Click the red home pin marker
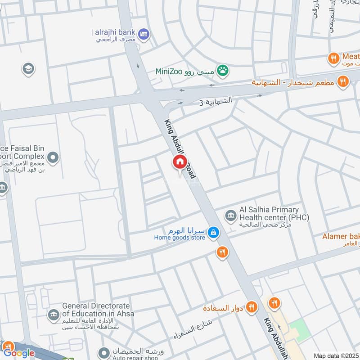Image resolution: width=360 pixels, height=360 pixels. (x=180, y=162)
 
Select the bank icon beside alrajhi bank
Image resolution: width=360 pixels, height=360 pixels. (x=144, y=33)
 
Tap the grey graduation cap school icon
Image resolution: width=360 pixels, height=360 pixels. (x=28, y=69)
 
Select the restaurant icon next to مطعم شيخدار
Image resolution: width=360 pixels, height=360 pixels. (x=343, y=81)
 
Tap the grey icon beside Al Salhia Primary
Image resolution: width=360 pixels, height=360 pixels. (x=231, y=216)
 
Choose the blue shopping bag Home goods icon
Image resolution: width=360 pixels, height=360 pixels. (x=214, y=232)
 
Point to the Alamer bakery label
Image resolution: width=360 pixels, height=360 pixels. (x=341, y=236)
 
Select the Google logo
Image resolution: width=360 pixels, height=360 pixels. (x=19, y=353)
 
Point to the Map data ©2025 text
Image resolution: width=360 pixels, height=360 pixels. (x=335, y=355)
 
